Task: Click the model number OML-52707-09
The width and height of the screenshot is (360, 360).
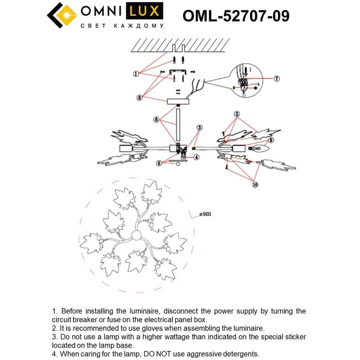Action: point(236,15)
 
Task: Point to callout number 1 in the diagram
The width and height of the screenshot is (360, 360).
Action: point(136,73)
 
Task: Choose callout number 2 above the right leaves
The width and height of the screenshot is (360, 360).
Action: point(237,114)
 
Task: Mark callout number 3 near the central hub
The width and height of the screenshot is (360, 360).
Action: point(199,127)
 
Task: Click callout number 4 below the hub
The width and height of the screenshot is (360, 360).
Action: point(196,157)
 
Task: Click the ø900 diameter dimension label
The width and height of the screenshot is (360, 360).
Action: point(205,214)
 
